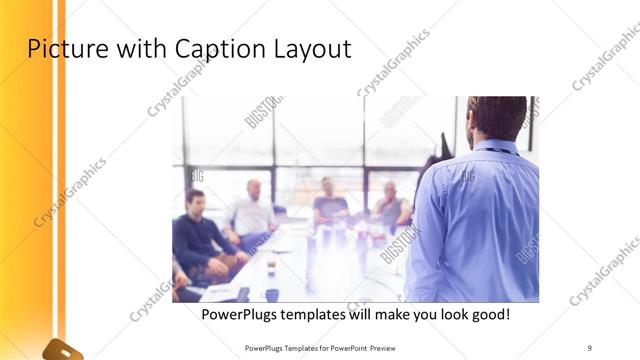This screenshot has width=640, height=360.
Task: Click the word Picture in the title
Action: [61, 48]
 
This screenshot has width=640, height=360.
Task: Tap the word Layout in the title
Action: [310, 48]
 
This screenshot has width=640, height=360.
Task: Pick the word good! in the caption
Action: [487, 315]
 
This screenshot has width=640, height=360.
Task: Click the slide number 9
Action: [590, 347]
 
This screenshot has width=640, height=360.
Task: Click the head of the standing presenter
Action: [497, 117]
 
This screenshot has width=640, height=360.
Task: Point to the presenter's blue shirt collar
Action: [497, 147]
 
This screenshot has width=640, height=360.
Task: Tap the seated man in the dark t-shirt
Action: [329, 205]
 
